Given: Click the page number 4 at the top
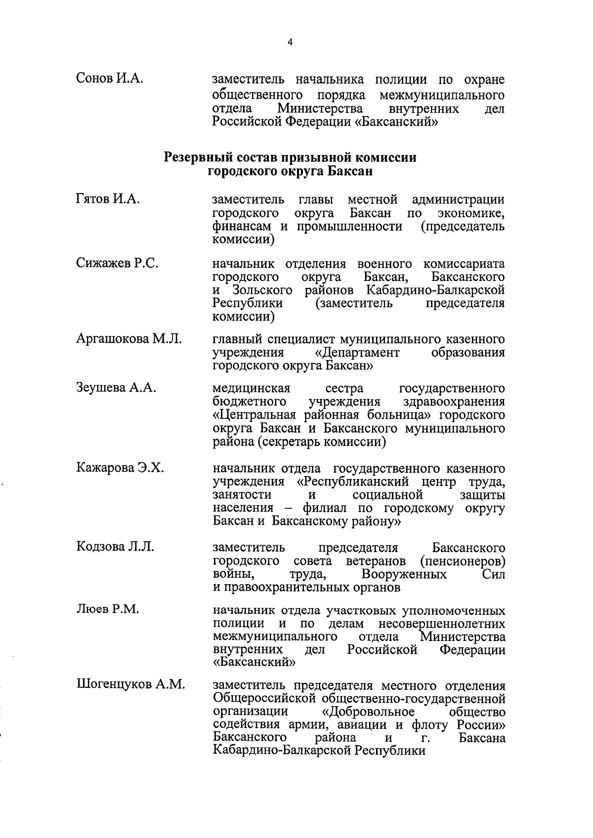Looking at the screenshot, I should point(290,43).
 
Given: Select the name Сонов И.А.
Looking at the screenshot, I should point(110,78).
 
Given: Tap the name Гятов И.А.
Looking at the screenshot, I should point(108,199).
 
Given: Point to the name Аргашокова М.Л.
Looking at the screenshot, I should point(128,339).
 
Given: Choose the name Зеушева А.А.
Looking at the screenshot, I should point(116,388).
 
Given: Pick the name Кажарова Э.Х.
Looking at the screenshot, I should point(120,467).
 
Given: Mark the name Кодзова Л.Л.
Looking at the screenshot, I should point(115,547).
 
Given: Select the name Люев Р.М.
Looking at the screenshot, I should point(107,609).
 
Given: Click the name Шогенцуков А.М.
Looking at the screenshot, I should point(130,684).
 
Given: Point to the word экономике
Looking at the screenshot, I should point(471,213).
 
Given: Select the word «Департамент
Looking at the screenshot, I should point(357,353).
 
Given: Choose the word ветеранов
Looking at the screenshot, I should point(376,561).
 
